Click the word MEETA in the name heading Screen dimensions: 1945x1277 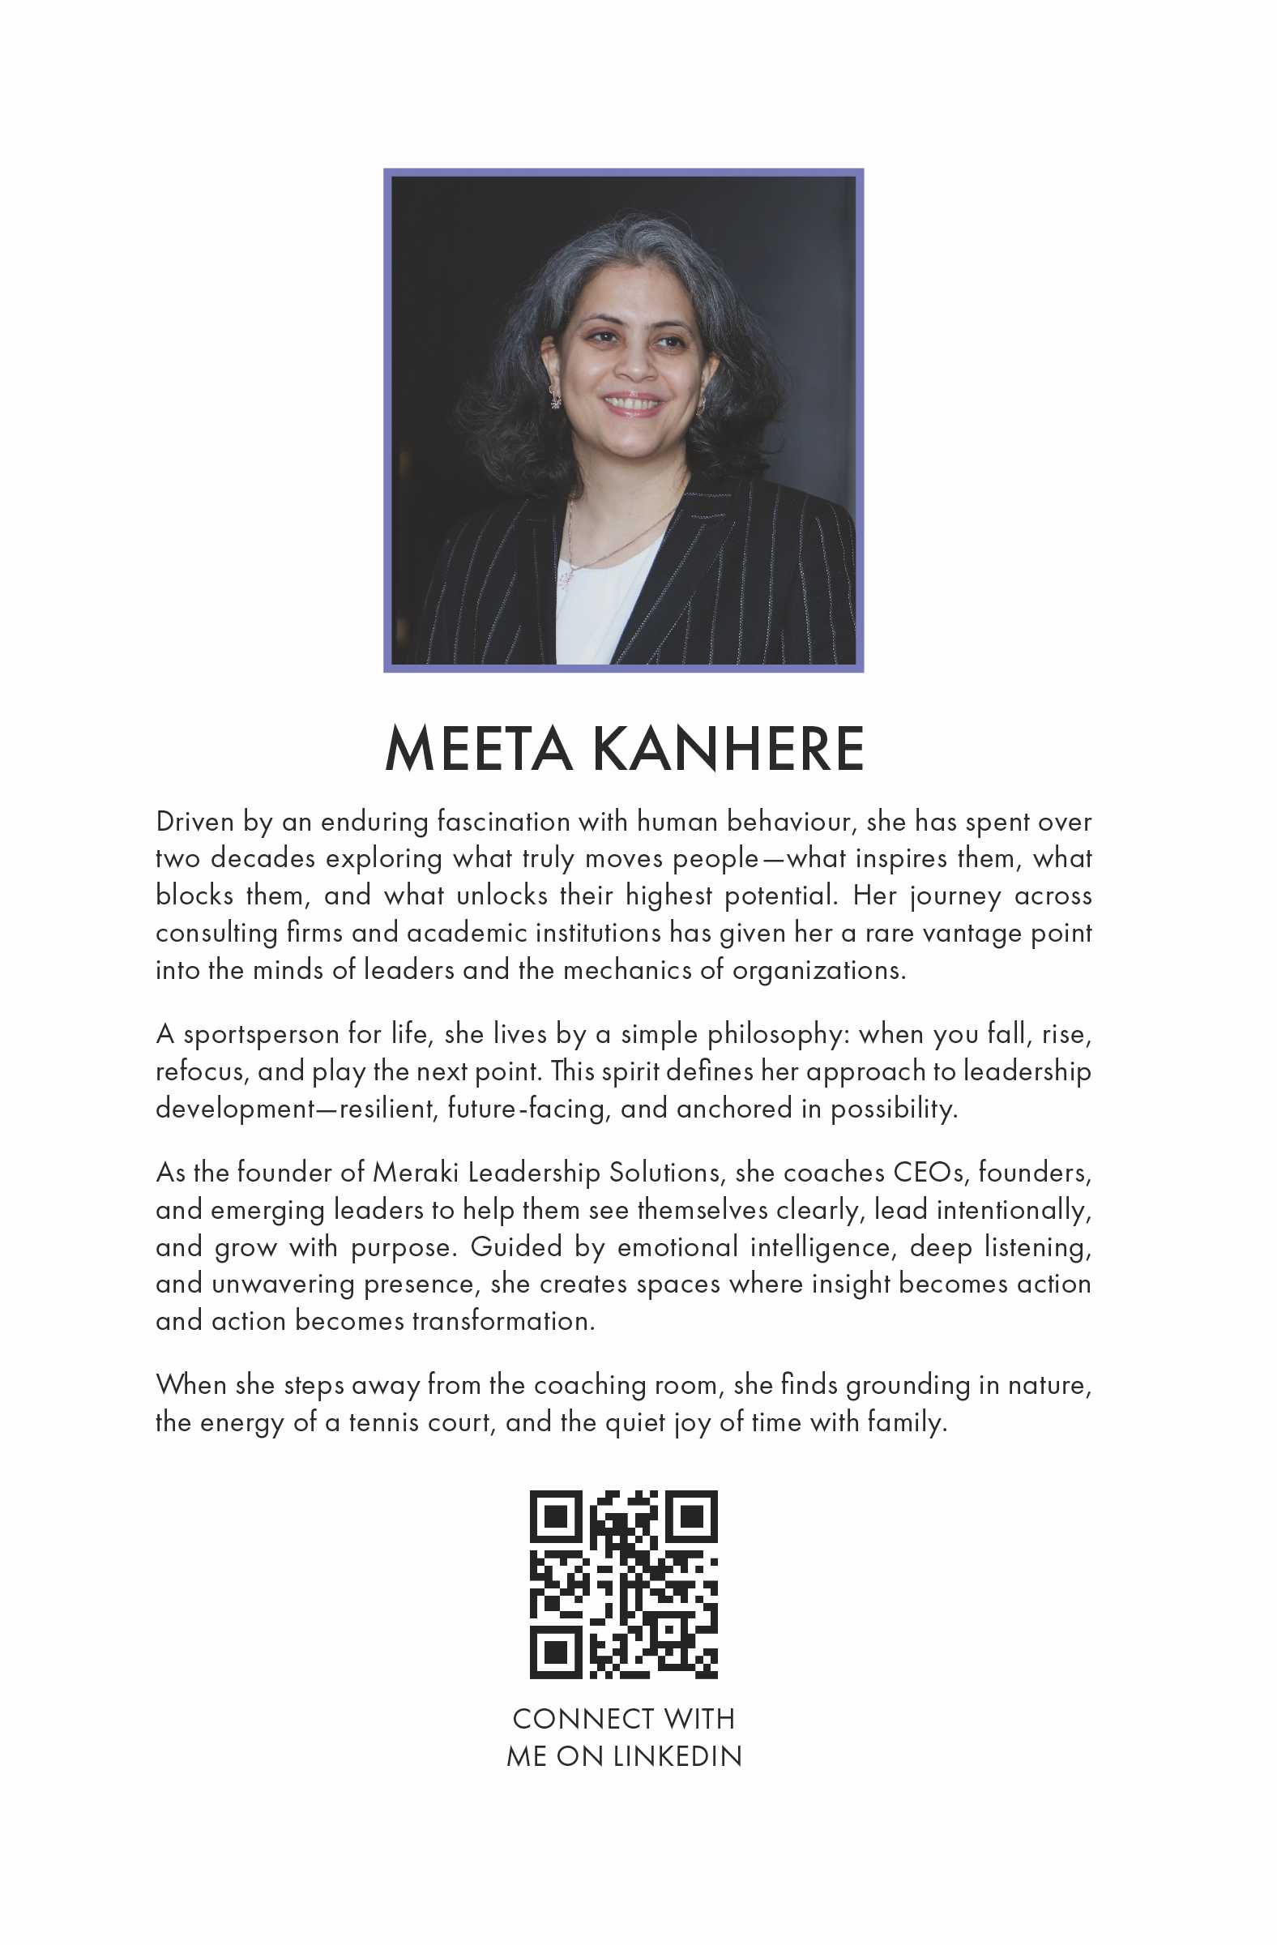478,749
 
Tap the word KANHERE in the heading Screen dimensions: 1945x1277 724,749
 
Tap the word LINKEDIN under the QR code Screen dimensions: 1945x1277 676,1756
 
